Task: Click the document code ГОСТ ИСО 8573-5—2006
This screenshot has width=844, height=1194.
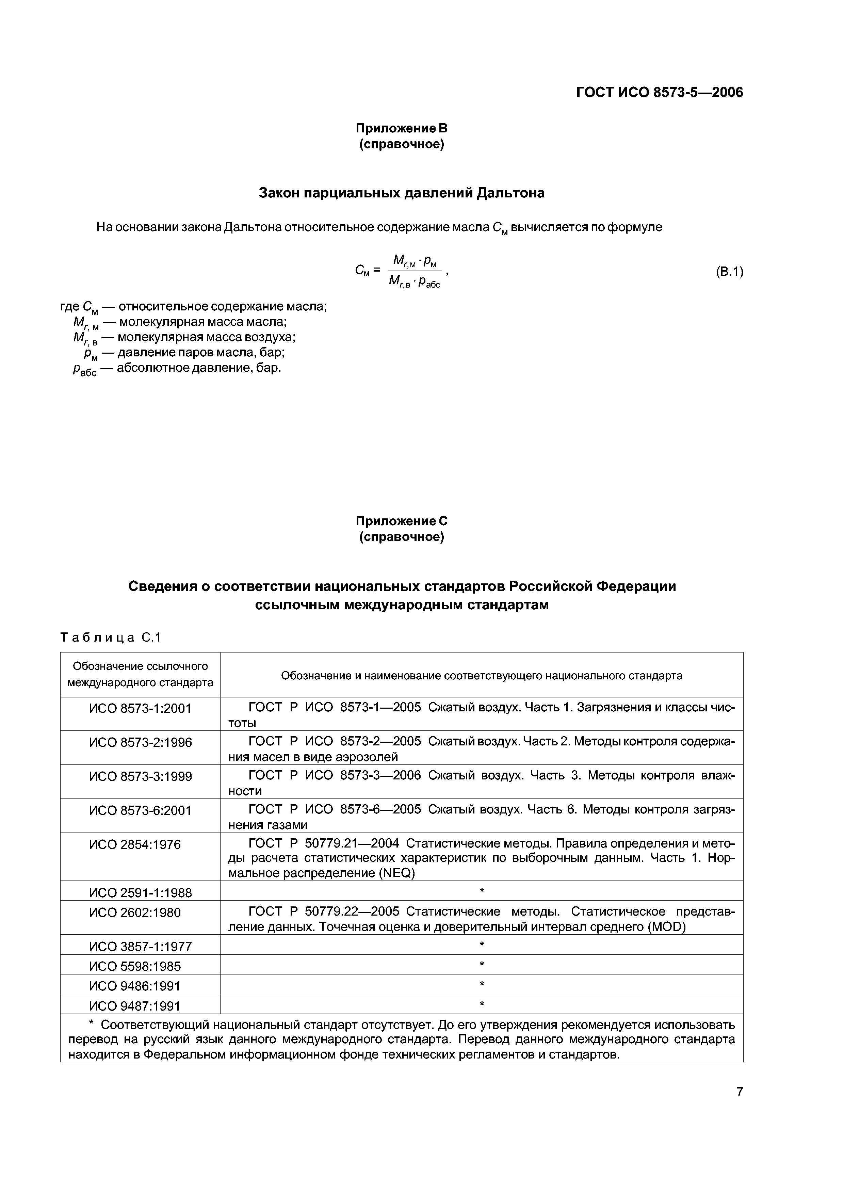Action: pos(660,93)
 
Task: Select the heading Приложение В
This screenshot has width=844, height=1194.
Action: pos(401,128)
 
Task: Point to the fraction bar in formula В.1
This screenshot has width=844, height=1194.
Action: pos(415,271)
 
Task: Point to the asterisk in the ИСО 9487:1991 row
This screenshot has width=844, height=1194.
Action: pos(482,1004)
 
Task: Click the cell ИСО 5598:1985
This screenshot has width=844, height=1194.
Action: pos(135,966)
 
